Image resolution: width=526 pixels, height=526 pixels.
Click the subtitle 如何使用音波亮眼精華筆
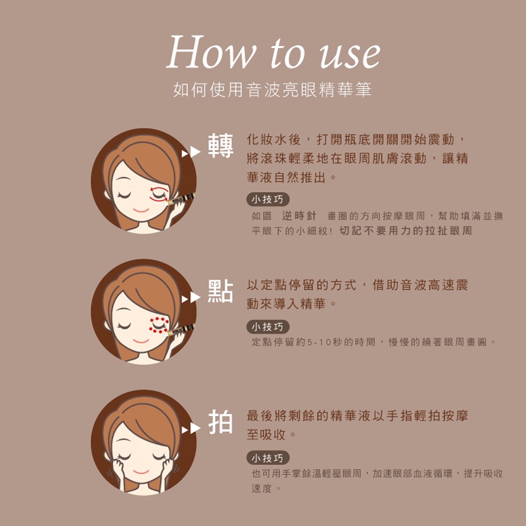pyautogui.click(x=272, y=89)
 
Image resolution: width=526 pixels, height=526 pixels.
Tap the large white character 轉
pyautogui.click(x=220, y=145)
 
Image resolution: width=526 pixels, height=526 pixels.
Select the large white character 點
pyautogui.click(x=220, y=291)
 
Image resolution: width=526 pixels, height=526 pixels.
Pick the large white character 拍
pyautogui.click(x=220, y=422)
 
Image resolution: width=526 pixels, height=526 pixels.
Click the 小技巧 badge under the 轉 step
pyautogui.click(x=268, y=199)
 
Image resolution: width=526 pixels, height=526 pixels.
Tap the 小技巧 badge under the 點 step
pyautogui.click(x=268, y=327)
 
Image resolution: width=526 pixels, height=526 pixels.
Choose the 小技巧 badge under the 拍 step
pyautogui.click(x=268, y=458)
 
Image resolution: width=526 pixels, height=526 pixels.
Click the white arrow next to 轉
pyautogui.click(x=191, y=152)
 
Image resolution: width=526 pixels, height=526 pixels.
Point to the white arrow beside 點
pyautogui.click(x=191, y=297)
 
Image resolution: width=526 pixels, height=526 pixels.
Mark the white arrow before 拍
pyautogui.click(x=191, y=429)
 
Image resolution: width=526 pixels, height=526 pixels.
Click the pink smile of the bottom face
pyautogui.click(x=141, y=472)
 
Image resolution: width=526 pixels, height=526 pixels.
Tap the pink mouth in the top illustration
pyautogui.click(x=141, y=210)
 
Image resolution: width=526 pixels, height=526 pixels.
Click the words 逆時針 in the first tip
pyautogui.click(x=299, y=216)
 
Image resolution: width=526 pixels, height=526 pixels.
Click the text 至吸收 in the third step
pyautogui.click(x=266, y=435)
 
